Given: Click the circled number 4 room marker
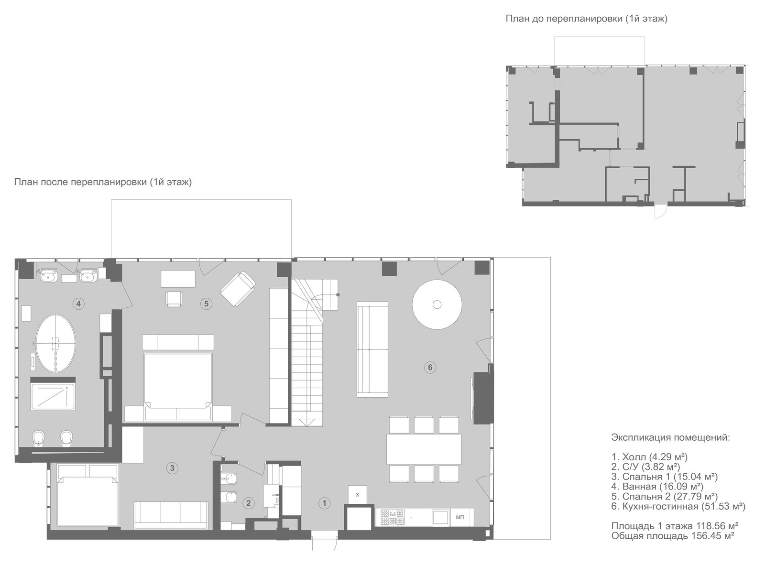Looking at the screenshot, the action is pos(78,304).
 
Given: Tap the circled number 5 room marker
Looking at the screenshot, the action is pos(206,304).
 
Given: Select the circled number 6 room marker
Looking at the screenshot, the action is pos(430,368).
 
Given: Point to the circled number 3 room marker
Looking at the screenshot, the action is pos(172,468).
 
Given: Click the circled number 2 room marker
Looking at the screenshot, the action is pos(248,503).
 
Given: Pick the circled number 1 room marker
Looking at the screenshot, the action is pos(324,503).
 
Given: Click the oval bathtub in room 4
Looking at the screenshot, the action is pos(55,343).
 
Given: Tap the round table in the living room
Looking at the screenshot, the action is pos(437,304).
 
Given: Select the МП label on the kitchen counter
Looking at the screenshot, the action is pos(460,517).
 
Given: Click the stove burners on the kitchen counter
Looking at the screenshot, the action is pos(393,517).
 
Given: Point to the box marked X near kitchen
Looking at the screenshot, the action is pos(357,495).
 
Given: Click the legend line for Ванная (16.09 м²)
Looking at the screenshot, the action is pos(657,487).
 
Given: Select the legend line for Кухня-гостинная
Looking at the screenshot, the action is pos(678,506).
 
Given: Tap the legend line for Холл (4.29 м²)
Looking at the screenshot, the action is pos(649,457).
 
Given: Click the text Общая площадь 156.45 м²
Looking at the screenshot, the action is pos(673,536).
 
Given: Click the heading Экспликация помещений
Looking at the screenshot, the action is pos(671,438).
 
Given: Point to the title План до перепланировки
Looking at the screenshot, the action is pos(586,19).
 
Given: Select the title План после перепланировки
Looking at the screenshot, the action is pos(103,182).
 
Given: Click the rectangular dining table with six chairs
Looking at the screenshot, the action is pos(424,449).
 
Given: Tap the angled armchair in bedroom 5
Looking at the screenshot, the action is pos(238,289).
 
